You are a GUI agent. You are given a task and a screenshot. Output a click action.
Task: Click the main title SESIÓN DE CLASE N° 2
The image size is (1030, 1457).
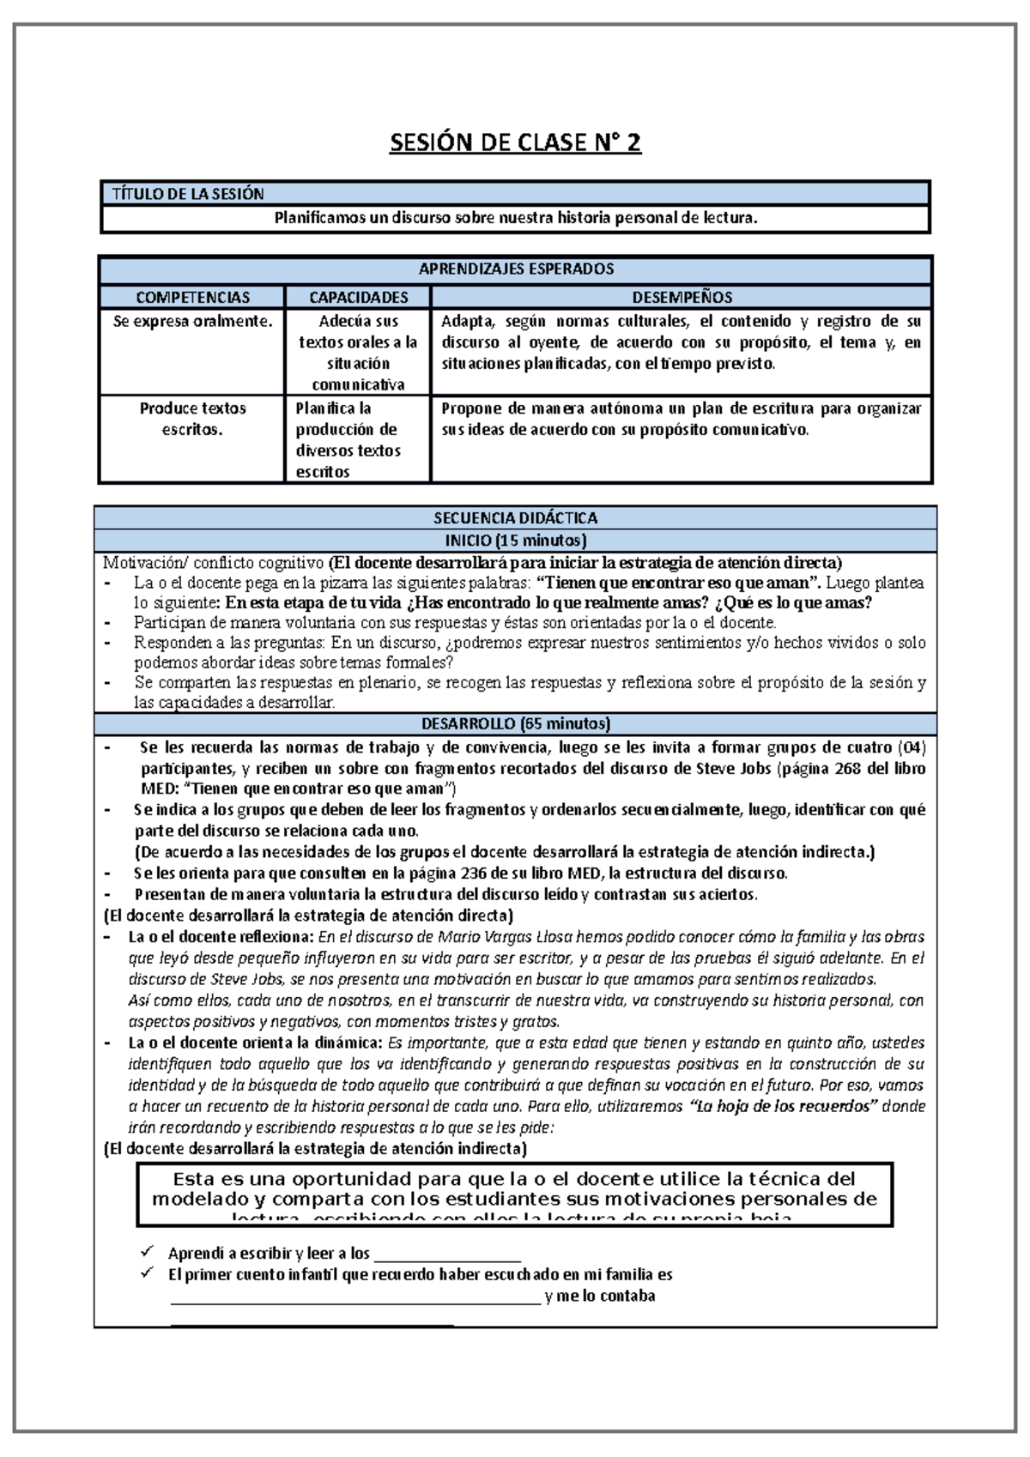pyautogui.click(x=515, y=142)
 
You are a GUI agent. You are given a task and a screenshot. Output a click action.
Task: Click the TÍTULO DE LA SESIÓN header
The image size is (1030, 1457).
pyautogui.click(x=188, y=194)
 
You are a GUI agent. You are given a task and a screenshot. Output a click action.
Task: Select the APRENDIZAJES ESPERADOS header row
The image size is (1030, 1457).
pyautogui.click(x=516, y=269)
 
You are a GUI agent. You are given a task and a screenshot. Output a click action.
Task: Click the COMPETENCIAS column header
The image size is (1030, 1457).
pyautogui.click(x=192, y=298)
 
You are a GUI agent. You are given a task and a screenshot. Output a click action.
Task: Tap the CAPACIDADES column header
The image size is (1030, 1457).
pyautogui.click(x=358, y=298)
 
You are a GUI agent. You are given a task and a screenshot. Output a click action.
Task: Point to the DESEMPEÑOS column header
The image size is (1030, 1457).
pyautogui.click(x=682, y=298)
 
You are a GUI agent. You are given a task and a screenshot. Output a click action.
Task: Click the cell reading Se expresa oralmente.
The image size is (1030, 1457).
pyautogui.click(x=192, y=322)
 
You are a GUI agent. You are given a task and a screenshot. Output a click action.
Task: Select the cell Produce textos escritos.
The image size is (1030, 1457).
pyautogui.click(x=192, y=419)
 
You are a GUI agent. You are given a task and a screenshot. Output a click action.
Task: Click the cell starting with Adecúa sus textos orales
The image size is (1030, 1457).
pyautogui.click(x=358, y=353)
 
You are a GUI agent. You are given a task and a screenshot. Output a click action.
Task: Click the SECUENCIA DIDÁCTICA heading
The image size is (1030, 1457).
pyautogui.click(x=515, y=518)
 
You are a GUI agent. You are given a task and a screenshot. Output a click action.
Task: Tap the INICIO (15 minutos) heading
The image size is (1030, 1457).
pyautogui.click(x=515, y=541)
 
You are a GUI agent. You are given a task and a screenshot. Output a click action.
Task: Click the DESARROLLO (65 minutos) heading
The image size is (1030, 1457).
pyautogui.click(x=515, y=723)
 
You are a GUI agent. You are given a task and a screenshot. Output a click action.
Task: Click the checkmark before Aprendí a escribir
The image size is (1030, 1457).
pyautogui.click(x=147, y=1253)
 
